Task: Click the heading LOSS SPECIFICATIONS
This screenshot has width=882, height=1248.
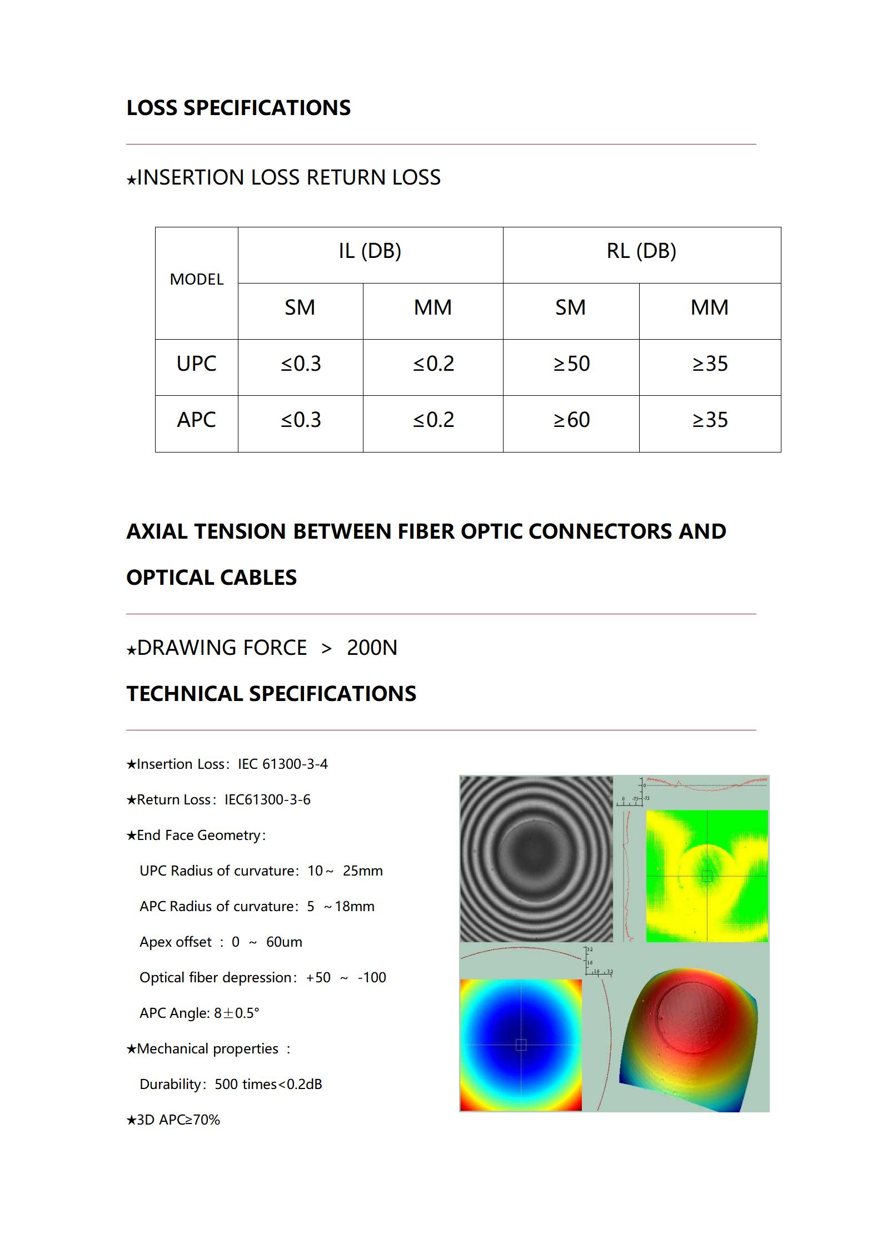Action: coord(238,108)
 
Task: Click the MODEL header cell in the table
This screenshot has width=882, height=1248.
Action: coord(196,279)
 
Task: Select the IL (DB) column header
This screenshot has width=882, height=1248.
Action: coord(370,251)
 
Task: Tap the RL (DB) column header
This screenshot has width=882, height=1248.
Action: coord(641,251)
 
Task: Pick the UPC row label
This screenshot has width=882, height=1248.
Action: coord(196,364)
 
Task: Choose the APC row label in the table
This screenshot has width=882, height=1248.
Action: coord(196,420)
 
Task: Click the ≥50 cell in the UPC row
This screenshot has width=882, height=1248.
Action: coord(571,364)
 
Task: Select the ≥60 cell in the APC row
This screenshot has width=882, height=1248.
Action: coord(571,420)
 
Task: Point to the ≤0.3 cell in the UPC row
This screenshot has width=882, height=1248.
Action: coord(301,364)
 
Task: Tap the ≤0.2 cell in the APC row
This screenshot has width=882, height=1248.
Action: coord(433,420)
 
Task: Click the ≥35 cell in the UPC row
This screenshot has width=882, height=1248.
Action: coord(710,364)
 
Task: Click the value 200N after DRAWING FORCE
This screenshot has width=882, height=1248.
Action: coord(372,648)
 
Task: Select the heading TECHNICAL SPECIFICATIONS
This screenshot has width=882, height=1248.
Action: coord(271,694)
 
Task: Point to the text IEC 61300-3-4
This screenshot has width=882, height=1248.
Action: coord(283,764)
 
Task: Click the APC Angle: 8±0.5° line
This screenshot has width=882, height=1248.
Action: coord(200,1013)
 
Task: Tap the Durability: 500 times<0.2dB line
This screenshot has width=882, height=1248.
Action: coord(231,1085)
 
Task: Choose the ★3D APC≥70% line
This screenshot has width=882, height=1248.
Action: coord(173,1120)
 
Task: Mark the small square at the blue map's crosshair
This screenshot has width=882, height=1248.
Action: coord(521,1045)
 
